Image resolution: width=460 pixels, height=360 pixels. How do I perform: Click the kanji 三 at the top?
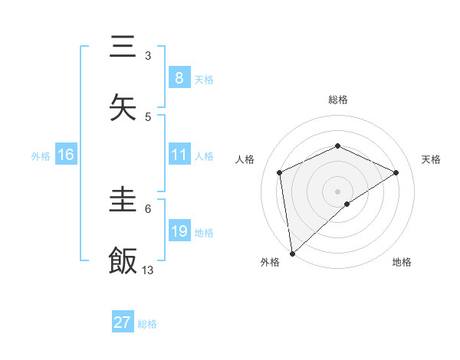[123, 47]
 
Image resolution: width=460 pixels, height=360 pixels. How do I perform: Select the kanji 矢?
[123, 108]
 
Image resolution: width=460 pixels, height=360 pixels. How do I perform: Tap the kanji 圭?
[123, 200]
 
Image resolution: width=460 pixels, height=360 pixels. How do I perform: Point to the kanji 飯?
[123, 261]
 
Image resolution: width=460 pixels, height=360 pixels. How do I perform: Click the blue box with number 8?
[179, 78]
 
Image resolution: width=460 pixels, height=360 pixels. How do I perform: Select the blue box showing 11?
[179, 155]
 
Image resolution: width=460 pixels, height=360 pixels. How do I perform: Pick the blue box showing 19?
[179, 231]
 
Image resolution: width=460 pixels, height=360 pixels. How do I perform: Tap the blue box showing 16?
[66, 155]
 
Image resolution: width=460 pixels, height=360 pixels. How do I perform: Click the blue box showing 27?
[123, 322]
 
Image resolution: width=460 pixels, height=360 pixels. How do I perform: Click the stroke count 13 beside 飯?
[148, 270]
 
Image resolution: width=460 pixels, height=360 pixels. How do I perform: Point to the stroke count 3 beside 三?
[148, 56]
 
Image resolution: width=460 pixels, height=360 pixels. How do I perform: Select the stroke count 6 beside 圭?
[148, 208]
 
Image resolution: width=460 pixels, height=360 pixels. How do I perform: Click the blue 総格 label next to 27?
[147, 323]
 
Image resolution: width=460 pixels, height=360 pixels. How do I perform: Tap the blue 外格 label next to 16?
[41, 155]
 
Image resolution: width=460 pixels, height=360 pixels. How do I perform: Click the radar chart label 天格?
[431, 159]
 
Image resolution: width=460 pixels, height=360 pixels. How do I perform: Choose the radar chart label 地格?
[402, 262]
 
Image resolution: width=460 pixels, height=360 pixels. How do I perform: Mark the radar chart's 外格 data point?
[291, 254]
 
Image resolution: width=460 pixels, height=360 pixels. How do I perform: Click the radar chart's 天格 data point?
[396, 172]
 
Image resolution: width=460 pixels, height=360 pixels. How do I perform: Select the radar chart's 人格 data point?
[280, 172]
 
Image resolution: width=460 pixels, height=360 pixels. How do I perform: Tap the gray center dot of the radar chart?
[337, 191]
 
